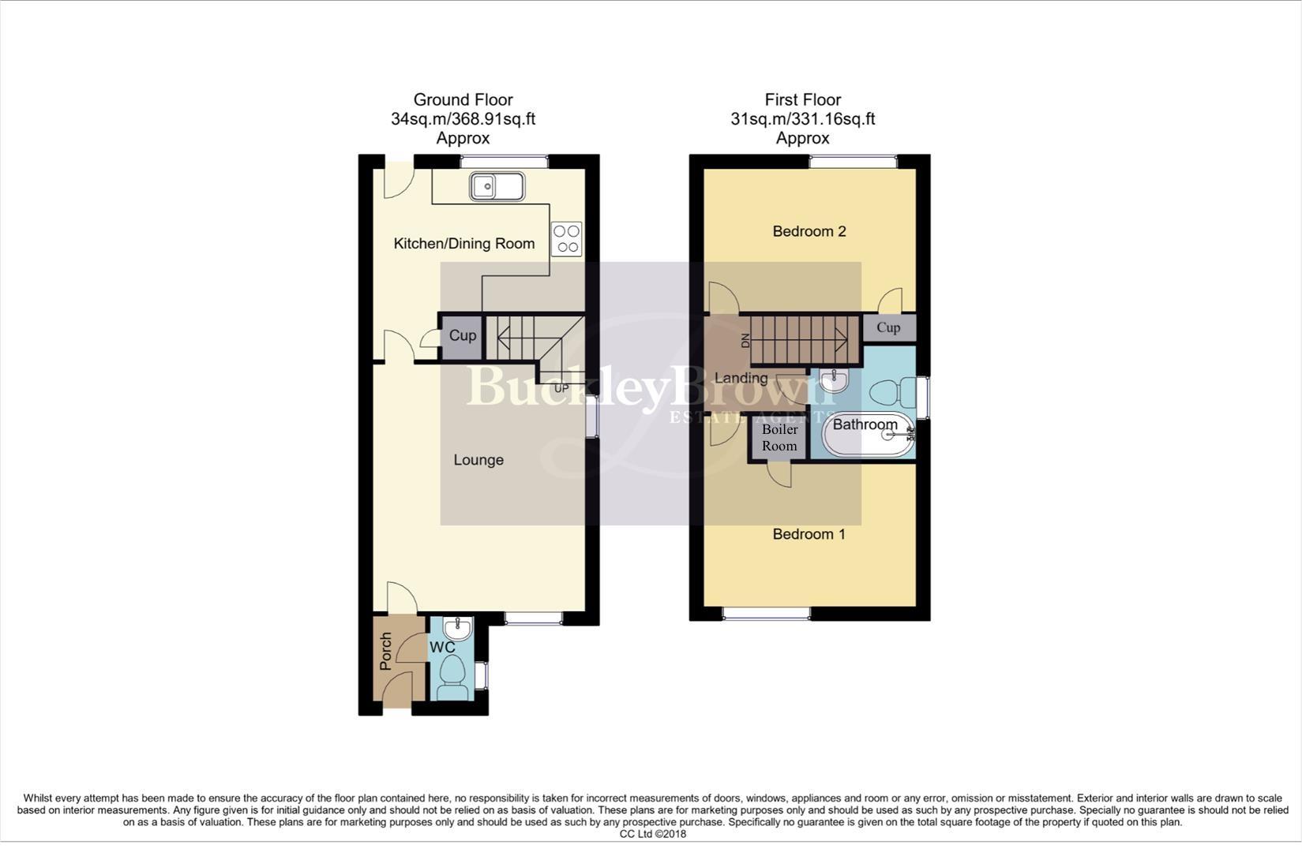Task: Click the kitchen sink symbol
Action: point(497,187)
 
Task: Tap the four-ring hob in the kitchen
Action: point(566,239)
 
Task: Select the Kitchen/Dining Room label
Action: point(464,244)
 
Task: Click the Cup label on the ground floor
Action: point(463,336)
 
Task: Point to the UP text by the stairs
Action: point(561,388)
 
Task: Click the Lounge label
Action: point(478,460)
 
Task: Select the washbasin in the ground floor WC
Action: point(457,629)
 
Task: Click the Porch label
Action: point(385,652)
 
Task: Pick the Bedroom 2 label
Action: point(809,231)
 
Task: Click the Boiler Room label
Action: point(779,438)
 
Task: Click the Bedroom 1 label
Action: point(809,534)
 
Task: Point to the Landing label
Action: point(741,378)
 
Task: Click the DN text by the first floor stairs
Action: point(744,341)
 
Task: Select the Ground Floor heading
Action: point(463,100)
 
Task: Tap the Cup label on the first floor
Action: point(888,327)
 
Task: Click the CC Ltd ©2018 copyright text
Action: point(652,834)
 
